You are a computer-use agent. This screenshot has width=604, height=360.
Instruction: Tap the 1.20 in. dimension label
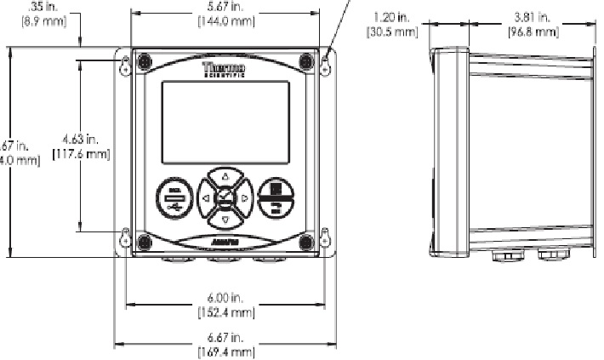[393, 16]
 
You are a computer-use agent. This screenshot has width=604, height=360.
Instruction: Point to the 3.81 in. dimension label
[533, 16]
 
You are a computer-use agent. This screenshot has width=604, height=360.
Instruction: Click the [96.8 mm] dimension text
[533, 31]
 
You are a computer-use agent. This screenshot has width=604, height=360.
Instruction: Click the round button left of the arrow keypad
[174, 199]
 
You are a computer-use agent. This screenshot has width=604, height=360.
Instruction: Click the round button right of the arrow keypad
[276, 198]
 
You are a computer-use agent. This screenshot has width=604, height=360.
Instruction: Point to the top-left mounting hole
[125, 62]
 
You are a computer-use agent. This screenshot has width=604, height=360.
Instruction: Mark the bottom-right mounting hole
[326, 239]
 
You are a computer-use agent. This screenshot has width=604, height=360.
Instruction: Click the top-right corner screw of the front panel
[305, 61]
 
